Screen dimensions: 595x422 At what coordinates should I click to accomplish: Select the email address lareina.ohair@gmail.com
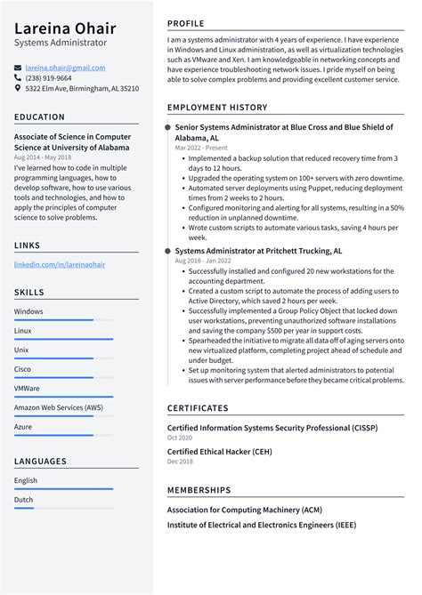(x=65, y=68)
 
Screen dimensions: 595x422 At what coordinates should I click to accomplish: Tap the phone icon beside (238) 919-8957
(x=18, y=78)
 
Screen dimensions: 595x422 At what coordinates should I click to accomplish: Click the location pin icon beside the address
(x=18, y=89)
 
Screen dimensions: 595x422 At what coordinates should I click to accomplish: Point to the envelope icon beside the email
(x=18, y=68)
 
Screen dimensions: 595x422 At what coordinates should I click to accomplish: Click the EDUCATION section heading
(x=39, y=117)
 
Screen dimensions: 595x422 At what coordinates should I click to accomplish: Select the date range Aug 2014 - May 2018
(x=43, y=157)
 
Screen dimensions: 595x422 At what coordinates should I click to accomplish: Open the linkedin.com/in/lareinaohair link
(x=59, y=265)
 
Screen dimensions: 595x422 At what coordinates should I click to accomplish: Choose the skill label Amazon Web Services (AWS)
(x=58, y=407)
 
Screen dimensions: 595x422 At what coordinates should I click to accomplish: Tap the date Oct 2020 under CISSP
(x=180, y=438)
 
